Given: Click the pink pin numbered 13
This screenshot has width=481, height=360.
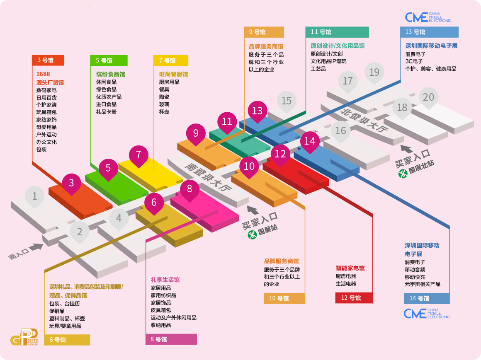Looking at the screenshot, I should (258, 111).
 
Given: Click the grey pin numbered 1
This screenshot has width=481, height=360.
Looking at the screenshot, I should (35, 196).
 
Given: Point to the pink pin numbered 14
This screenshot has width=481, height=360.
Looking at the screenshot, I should (310, 141).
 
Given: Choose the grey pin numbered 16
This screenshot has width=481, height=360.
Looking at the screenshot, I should (340, 131).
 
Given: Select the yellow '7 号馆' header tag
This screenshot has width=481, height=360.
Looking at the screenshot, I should (170, 60).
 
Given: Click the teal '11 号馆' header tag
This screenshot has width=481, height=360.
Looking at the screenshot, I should (337, 32).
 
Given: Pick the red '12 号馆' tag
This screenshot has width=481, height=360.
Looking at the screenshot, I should (354, 298).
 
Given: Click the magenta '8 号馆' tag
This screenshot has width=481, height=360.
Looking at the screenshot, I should (171, 339).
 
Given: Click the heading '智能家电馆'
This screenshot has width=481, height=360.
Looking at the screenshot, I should (350, 268).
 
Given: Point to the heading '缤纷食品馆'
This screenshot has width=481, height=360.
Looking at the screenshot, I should (110, 75).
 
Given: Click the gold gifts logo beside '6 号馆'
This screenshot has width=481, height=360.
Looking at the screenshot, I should (24, 336).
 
